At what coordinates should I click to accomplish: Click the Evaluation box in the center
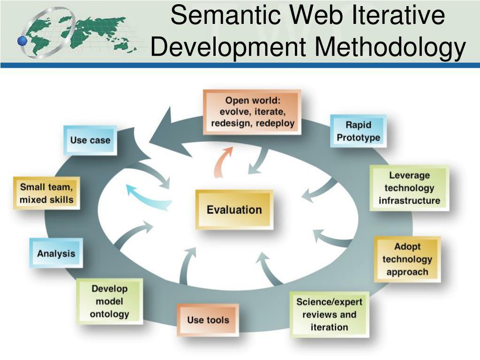tap(234, 210)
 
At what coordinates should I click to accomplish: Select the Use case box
tap(90, 140)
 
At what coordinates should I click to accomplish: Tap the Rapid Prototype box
tap(358, 131)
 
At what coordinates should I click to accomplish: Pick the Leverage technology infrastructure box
tap(409, 188)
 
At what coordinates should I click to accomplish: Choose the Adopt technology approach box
tap(407, 259)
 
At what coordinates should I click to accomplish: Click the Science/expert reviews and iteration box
tap(329, 315)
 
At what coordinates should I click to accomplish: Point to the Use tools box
tap(208, 320)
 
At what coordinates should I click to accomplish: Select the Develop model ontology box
tap(109, 301)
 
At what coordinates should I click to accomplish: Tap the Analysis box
tap(56, 253)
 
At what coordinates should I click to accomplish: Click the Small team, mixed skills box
tap(46, 193)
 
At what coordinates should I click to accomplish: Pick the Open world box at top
tap(252, 112)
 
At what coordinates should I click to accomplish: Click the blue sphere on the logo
tap(22, 41)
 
